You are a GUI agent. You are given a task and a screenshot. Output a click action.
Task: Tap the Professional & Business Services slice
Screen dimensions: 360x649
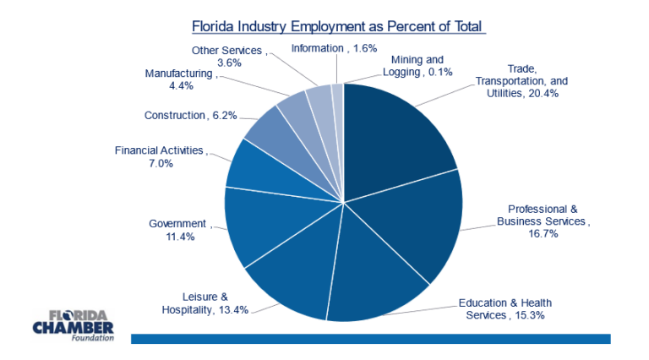click(x=414, y=228)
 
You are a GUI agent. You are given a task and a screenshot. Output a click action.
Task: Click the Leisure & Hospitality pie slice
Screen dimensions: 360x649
click(x=292, y=279)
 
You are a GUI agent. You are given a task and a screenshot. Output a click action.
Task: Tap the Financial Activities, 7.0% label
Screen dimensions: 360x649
click(x=160, y=156)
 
